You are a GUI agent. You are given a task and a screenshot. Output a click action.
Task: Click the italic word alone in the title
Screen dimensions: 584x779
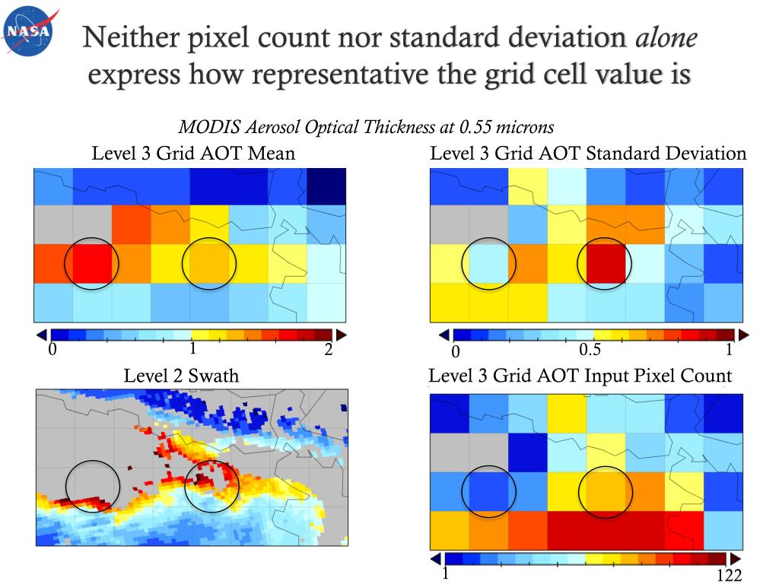666,39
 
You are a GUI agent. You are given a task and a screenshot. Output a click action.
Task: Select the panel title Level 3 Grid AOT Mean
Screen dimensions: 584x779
193,154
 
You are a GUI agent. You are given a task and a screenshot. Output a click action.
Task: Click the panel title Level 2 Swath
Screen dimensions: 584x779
181,376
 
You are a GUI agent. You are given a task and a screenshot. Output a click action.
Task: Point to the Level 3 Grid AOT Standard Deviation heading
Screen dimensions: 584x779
588,154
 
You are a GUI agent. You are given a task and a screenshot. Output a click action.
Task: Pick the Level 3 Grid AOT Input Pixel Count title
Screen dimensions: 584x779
580,376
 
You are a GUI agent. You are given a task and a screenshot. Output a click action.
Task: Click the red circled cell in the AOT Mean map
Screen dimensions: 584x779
92,263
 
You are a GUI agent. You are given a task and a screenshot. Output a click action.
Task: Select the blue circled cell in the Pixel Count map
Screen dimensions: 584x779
489,491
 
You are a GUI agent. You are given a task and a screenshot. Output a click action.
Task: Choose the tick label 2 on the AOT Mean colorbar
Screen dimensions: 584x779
329,349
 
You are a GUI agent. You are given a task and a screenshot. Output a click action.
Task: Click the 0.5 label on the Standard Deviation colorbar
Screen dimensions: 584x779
590,350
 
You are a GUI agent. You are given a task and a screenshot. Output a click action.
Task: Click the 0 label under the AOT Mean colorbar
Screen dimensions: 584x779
52,350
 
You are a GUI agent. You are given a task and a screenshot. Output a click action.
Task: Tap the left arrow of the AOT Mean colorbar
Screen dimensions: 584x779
42,334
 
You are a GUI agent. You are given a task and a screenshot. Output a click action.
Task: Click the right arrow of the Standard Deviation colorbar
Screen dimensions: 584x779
745,334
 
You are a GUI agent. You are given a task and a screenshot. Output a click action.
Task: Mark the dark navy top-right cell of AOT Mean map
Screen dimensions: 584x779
326,187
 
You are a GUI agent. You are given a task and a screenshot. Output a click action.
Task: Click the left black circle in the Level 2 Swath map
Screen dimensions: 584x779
93,485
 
